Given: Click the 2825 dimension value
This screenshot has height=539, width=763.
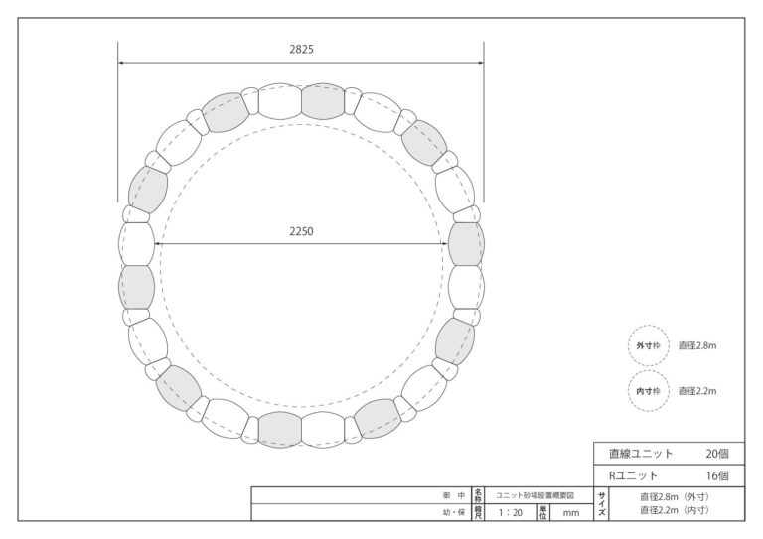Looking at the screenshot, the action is (x=301, y=49).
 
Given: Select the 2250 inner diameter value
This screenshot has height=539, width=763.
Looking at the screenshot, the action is (x=301, y=231).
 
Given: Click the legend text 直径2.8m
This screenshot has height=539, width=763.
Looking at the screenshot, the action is (x=697, y=346).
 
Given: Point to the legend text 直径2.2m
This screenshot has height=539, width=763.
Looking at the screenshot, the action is (x=697, y=391).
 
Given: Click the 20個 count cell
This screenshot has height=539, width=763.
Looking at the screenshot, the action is (x=717, y=454).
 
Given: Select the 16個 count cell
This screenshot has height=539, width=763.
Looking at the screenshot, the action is (x=717, y=475).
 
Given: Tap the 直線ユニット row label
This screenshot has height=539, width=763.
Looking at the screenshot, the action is (x=641, y=454).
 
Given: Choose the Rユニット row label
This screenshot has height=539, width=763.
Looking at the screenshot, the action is (x=633, y=475).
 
